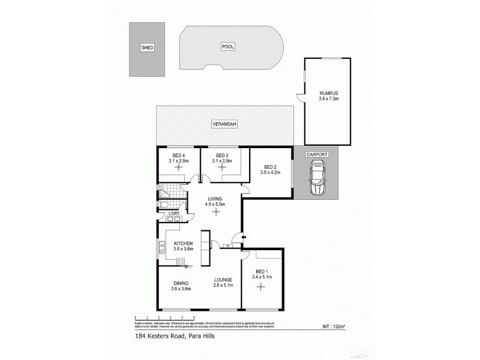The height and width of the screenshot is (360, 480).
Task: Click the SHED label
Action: (147, 47)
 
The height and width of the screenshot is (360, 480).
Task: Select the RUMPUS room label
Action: (329, 93)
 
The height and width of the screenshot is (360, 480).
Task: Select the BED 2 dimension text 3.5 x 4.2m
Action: (271, 173)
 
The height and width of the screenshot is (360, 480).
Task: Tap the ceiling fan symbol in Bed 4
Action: (178, 169)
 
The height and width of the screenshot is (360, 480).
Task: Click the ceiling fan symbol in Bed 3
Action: (223, 169)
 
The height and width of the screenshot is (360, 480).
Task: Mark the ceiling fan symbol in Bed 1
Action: (261, 287)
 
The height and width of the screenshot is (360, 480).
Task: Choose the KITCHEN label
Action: (183, 243)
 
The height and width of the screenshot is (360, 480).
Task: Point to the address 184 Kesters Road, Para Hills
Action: (166, 336)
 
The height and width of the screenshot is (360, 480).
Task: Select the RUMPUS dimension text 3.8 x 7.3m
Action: (329, 100)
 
